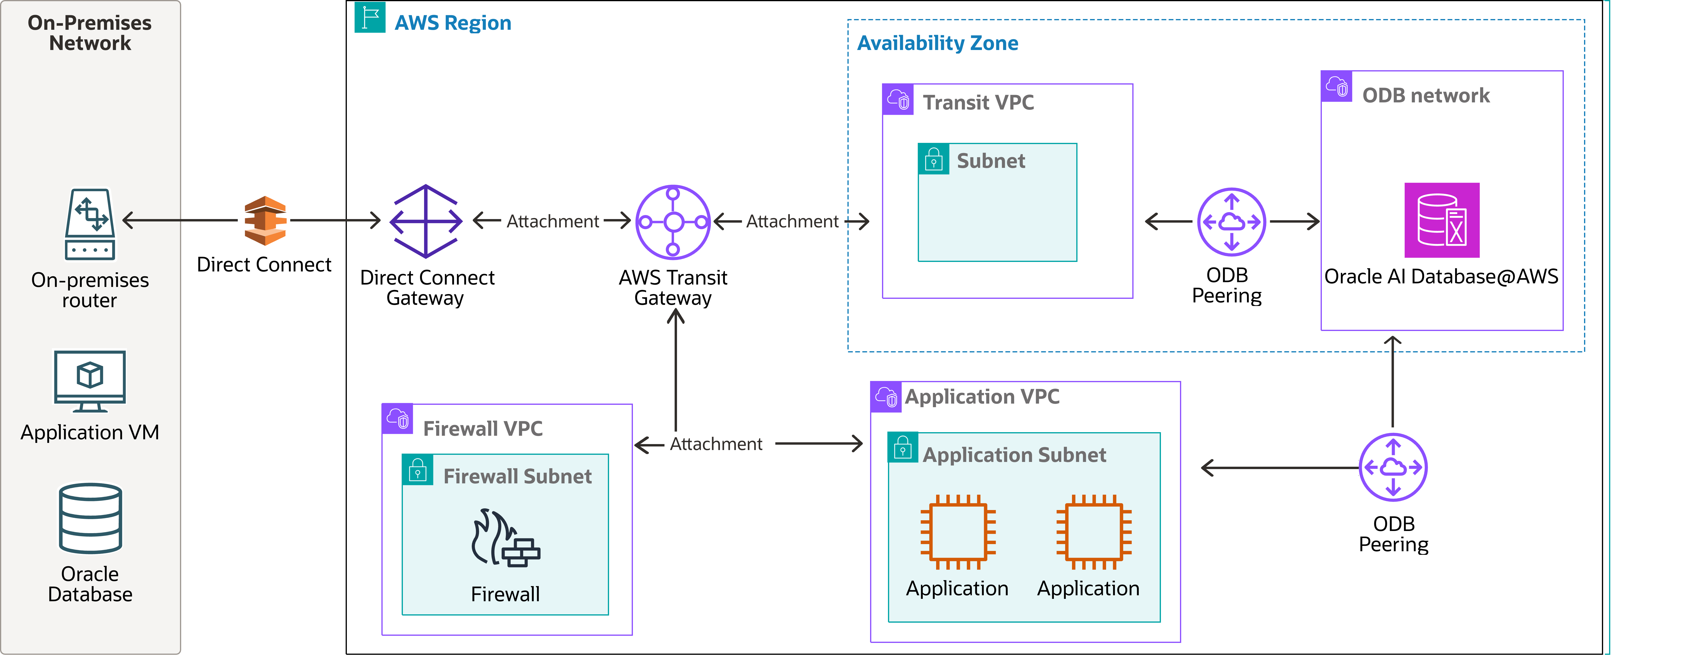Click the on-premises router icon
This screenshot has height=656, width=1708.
(90, 224)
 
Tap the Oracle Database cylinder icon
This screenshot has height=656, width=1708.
(90, 518)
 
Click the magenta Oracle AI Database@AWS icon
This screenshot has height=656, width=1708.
(1441, 220)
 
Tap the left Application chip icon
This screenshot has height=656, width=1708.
(957, 532)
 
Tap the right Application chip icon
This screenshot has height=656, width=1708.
(1093, 532)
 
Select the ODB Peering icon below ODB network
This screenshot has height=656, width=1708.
(1393, 467)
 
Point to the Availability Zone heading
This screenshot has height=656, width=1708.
(938, 43)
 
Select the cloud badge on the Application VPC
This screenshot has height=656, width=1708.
(886, 397)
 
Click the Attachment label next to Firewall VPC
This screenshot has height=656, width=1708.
(716, 444)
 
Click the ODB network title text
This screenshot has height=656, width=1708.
(1426, 95)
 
